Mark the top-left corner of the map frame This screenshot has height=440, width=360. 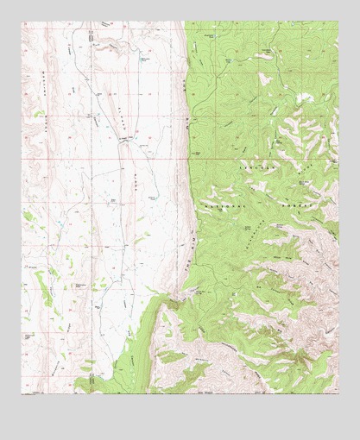[x=22, y=22]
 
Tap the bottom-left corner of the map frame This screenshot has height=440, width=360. [x=22, y=394]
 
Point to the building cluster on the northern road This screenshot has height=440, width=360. [x=91, y=35]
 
